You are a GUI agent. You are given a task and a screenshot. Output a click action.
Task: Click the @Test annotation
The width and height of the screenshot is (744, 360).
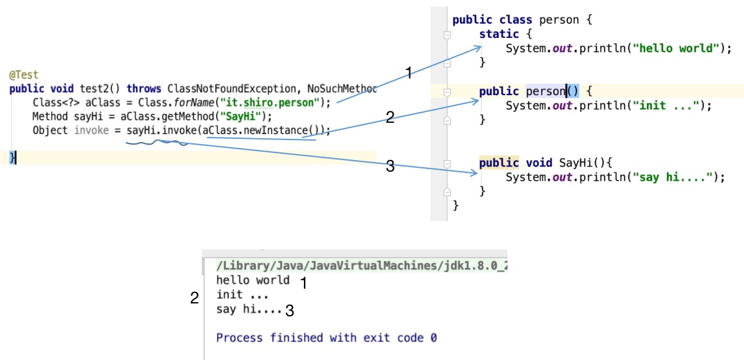24,75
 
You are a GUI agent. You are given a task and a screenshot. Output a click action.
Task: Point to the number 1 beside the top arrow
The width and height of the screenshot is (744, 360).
407,73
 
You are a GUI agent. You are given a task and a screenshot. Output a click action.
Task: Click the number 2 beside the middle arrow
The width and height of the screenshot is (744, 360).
389,117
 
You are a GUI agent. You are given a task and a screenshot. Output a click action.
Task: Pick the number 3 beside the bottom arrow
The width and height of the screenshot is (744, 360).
389,166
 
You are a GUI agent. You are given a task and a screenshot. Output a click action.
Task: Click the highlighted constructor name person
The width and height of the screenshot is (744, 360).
545,91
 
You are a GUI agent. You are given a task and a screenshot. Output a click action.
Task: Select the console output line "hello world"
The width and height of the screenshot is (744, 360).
253,280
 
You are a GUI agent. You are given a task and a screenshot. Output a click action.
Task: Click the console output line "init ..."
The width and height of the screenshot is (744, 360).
242,294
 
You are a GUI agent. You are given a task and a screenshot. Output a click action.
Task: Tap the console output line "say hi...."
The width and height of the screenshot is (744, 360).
249,310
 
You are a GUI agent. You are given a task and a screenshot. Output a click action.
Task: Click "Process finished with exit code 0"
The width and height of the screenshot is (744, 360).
326,337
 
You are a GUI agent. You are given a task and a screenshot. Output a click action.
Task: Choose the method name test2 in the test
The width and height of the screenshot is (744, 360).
95,89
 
